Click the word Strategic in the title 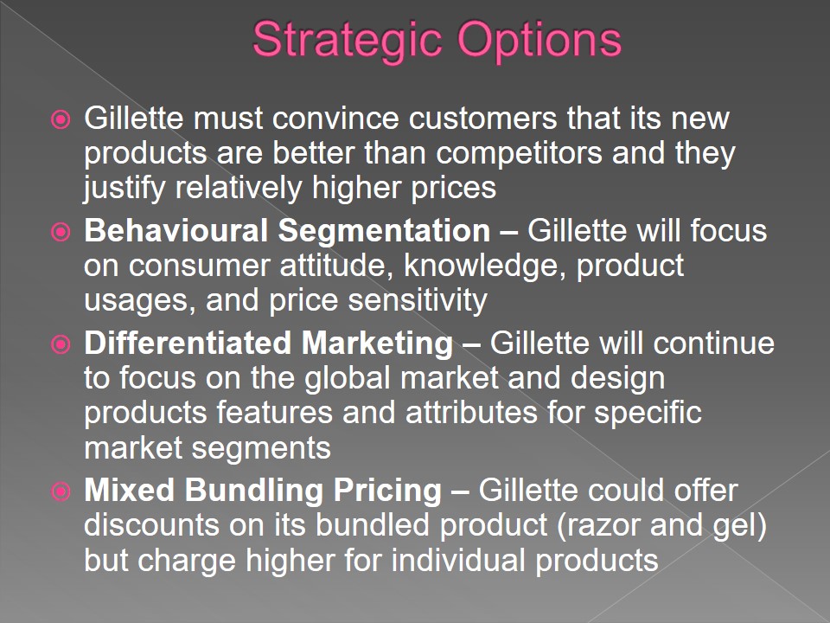tap(347, 41)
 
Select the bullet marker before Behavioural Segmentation tap(61, 232)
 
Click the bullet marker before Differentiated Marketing tap(61, 344)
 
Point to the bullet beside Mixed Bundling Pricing tap(61, 491)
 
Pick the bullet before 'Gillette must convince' tap(61, 119)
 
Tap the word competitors tap(519, 153)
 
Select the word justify tap(124, 189)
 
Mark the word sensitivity tap(418, 300)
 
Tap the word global tap(348, 378)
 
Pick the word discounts tap(151, 525)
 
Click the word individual tap(458, 561)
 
